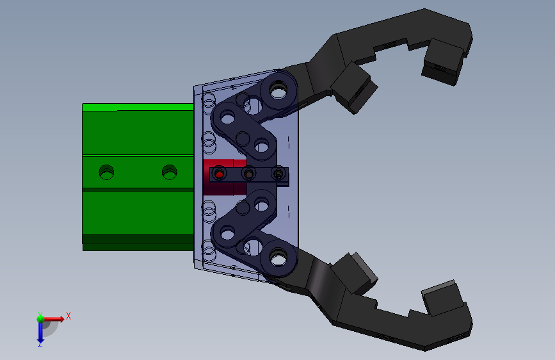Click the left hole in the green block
click(106, 172)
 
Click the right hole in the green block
click(169, 172)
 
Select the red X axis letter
click(68, 316)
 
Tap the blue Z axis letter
click(40, 344)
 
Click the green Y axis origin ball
click(41, 318)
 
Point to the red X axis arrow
click(54, 319)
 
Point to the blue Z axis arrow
click(40, 332)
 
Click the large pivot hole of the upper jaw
click(278, 91)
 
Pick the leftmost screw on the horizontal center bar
click(219, 174)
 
